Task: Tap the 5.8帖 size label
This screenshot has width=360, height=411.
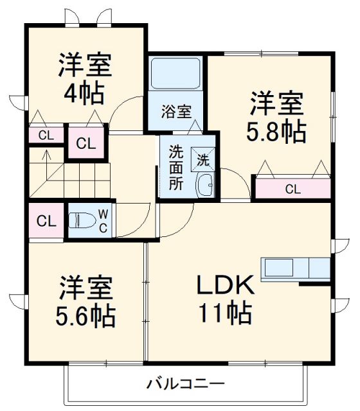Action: tap(276, 132)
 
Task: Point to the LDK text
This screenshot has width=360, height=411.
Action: tap(226, 285)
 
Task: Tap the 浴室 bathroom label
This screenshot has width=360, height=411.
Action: tap(175, 111)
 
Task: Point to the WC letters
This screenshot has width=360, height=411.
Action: tap(103, 222)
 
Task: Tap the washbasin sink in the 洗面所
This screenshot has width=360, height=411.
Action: tap(205, 184)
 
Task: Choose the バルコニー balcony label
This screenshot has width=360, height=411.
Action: tap(185, 385)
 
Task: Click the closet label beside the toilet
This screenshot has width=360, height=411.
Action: tap(45, 222)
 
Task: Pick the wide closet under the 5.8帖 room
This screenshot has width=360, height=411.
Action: tap(292, 189)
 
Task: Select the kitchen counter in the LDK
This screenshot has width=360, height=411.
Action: tap(296, 267)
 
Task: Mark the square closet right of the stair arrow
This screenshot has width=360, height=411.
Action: tap(85, 143)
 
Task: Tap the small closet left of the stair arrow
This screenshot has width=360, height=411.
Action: tap(45, 135)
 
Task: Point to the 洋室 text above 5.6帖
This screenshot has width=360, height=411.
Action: tap(87, 287)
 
